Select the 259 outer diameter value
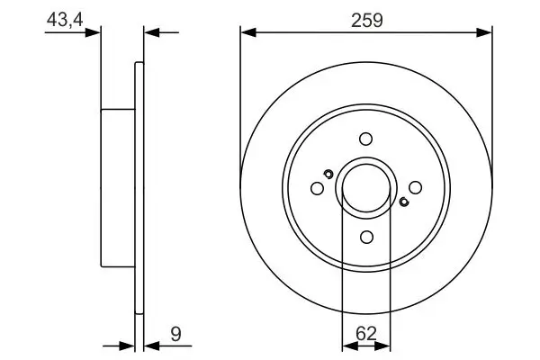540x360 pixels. [366, 18]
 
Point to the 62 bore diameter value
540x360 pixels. [366, 333]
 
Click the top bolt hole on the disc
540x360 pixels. [365, 139]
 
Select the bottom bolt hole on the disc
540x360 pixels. [365, 237]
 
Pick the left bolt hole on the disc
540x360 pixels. [317, 188]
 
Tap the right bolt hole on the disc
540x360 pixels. [415, 188]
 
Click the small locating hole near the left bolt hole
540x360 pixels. [328, 174]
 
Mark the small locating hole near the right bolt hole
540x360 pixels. [403, 202]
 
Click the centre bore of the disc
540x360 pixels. [365, 188]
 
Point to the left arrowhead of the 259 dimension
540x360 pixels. [247, 33]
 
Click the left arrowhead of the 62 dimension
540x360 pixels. [347, 345]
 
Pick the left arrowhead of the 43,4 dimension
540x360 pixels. [93, 33]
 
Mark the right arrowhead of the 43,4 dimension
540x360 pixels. [150, 33]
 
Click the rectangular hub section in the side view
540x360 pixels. [117, 188]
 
